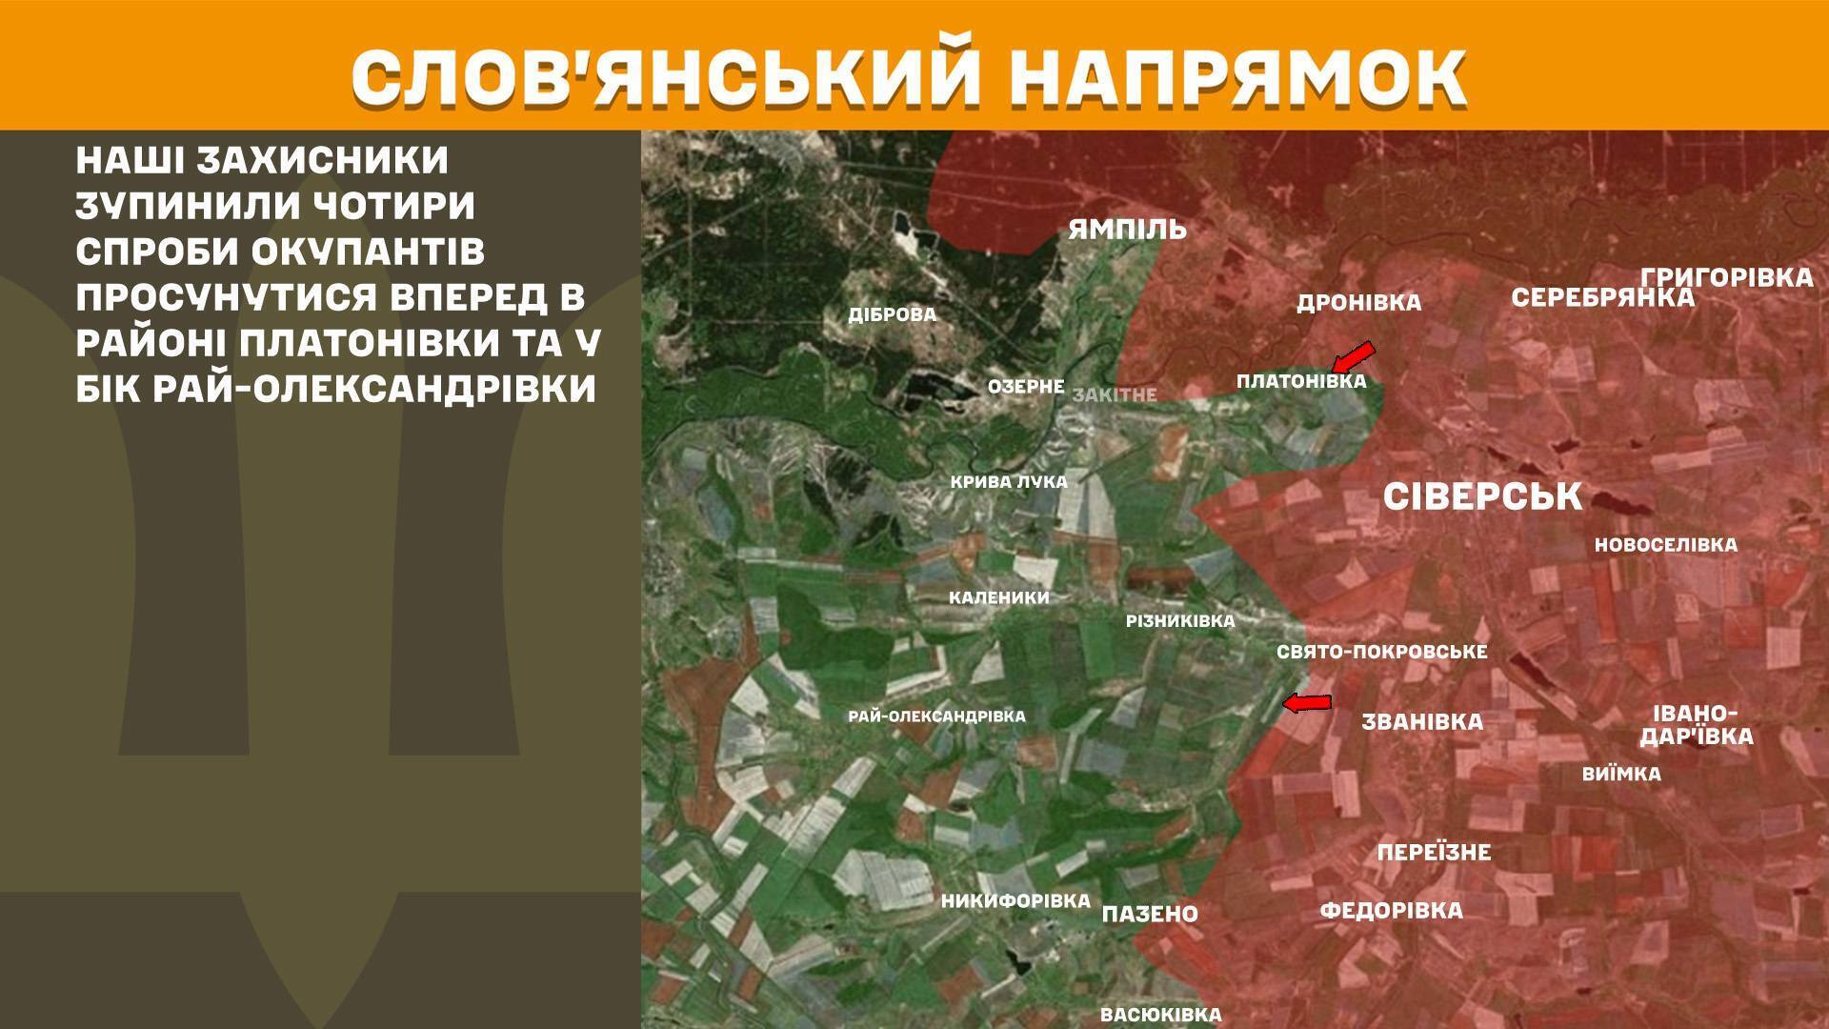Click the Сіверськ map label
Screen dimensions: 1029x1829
coord(1481,496)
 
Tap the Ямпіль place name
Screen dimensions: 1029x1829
coord(1127,230)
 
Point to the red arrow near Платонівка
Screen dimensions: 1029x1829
coord(1353,356)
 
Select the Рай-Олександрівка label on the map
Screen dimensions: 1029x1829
coord(936,716)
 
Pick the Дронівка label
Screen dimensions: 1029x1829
coord(1358,303)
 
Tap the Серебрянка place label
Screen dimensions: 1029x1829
coord(1602,298)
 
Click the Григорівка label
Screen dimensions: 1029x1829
coord(1726,277)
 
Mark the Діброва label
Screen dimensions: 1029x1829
coord(893,314)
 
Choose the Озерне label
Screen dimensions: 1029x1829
coord(1026,387)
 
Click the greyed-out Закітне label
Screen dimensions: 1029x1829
coord(1115,394)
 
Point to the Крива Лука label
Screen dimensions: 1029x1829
coord(1009,482)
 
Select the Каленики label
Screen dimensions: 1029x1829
coord(998,598)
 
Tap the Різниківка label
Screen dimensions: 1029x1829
coord(1179,621)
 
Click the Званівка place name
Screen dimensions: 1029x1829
coord(1422,722)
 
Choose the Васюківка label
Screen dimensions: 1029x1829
coord(1160,1015)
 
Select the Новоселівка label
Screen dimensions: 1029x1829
coord(1665,545)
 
